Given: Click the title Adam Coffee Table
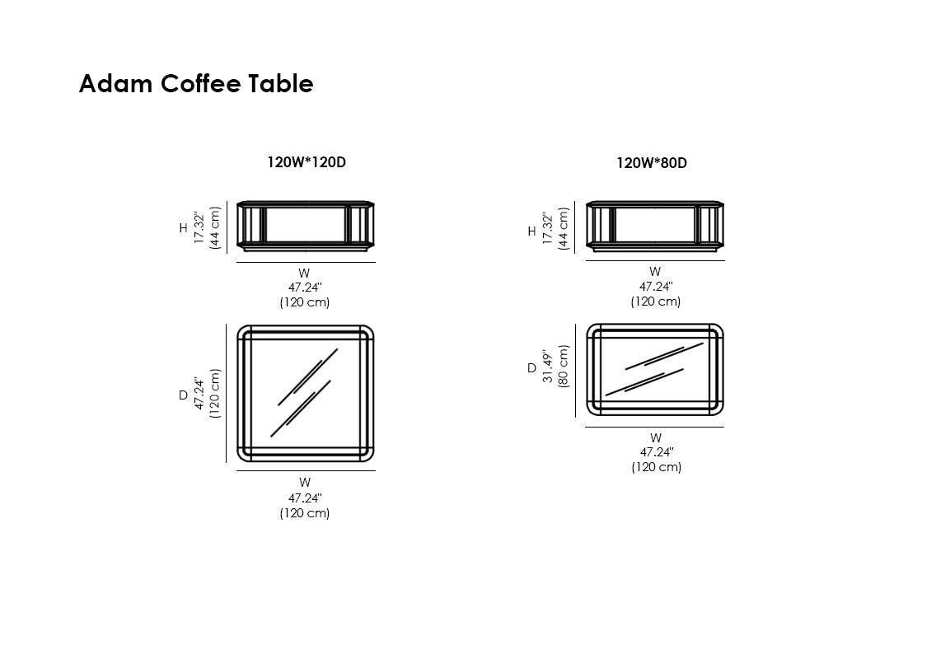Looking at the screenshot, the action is [x=196, y=83].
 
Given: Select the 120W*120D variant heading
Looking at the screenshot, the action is [x=307, y=162].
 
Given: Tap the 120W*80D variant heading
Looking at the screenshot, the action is [x=652, y=163].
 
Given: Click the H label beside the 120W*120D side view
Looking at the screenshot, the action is [x=183, y=228].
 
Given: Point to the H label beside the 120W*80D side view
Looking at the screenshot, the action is [x=532, y=231].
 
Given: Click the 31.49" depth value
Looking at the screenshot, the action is [x=547, y=366].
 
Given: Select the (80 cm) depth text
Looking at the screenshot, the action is [x=563, y=366].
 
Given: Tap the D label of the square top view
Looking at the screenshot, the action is [x=183, y=395].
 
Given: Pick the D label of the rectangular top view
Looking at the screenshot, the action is [x=532, y=368].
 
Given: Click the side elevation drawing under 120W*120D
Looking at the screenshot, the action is [x=306, y=226].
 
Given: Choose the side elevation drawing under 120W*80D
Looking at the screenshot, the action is [x=655, y=226].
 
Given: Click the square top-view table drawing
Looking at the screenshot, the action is [x=306, y=394].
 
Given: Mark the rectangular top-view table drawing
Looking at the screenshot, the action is [x=655, y=370].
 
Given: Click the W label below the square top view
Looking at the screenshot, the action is [x=305, y=483].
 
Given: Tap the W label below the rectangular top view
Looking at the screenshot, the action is [x=656, y=437].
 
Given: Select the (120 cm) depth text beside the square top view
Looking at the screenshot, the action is [x=215, y=394].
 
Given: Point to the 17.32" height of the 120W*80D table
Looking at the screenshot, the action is [x=548, y=228].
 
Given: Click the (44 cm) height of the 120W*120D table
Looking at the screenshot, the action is [x=215, y=227].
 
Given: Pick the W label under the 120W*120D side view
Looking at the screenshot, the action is [x=304, y=273].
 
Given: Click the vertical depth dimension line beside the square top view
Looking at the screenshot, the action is [x=227, y=394].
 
